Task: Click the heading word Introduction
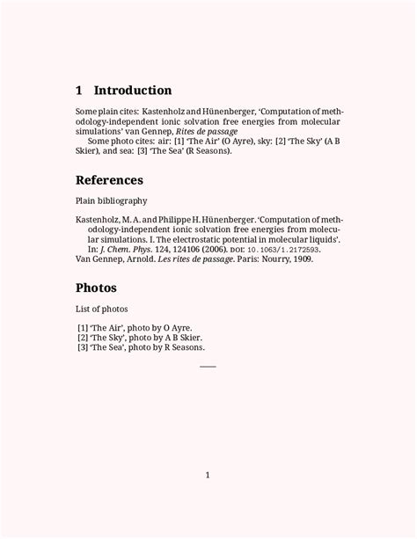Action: click(x=133, y=91)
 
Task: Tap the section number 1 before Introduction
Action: click(x=79, y=91)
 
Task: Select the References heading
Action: click(x=109, y=180)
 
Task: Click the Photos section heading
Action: click(x=96, y=288)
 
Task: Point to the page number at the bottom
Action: click(x=208, y=476)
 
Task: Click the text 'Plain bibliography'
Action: click(x=110, y=201)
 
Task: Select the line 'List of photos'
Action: click(x=102, y=309)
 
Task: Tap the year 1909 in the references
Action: click(x=299, y=259)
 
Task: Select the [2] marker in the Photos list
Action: click(x=83, y=337)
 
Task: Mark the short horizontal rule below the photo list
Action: click(x=208, y=366)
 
